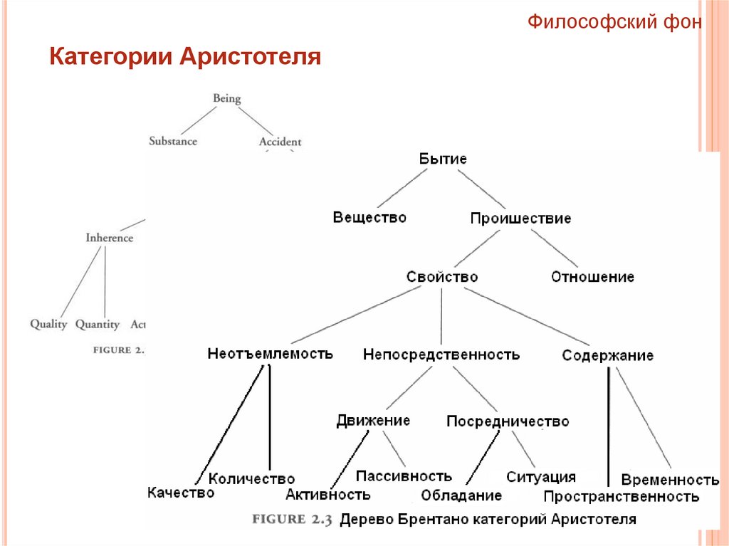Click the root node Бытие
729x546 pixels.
[443, 159]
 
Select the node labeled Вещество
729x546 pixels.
[369, 217]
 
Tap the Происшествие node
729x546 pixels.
[520, 219]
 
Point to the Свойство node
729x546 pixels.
[442, 276]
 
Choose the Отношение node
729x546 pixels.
[592, 277]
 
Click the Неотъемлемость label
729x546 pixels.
[270, 353]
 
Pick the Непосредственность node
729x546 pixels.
[441, 354]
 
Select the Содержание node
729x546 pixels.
[607, 355]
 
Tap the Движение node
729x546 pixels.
[373, 421]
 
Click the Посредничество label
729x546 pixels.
[508, 421]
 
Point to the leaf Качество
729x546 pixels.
[181, 492]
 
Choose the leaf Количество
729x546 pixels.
[252, 479]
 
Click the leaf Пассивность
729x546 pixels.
[404, 476]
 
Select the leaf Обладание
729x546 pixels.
[461, 495]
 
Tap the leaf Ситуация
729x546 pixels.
[541, 477]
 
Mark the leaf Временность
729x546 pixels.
[670, 479]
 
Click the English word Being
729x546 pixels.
[227, 98]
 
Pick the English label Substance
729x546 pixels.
[173, 141]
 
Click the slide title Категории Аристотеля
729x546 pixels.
[185, 56]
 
